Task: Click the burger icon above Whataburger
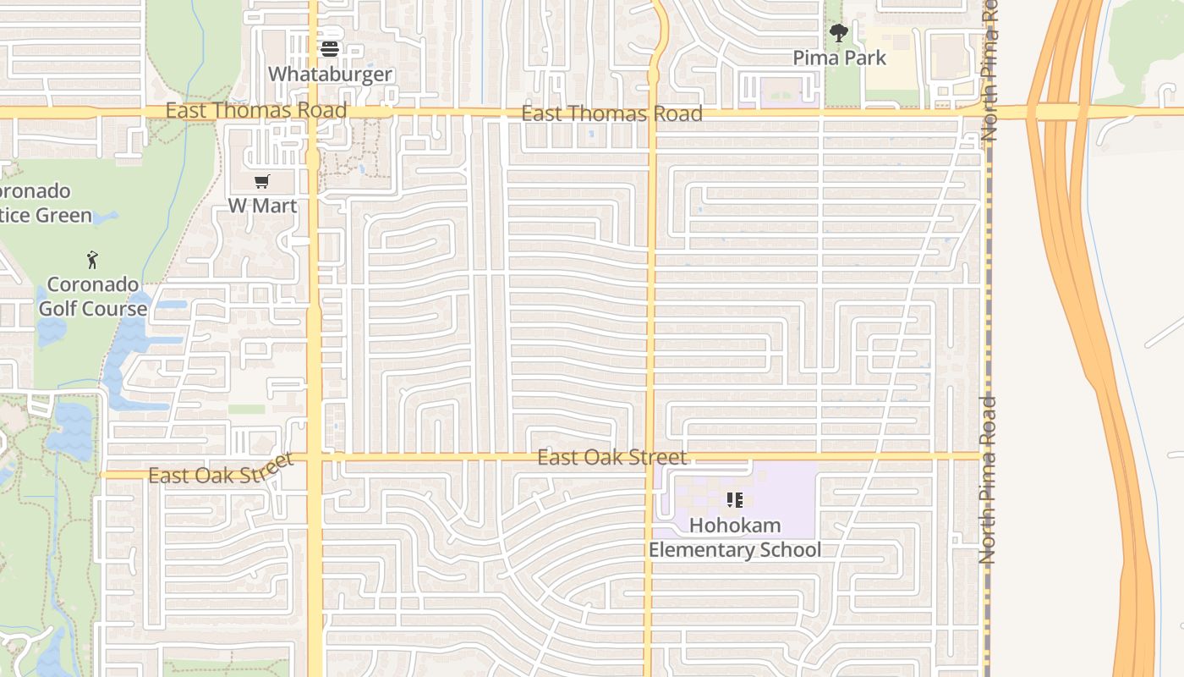[330, 49]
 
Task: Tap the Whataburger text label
[330, 74]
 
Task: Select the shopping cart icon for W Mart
[262, 181]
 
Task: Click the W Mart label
[262, 206]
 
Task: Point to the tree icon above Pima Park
[838, 34]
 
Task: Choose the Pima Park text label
[839, 58]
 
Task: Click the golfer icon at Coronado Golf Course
[93, 260]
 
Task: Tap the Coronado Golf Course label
[92, 296]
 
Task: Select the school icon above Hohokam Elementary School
[734, 500]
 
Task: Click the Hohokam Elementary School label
[734, 537]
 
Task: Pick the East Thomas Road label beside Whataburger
[256, 110]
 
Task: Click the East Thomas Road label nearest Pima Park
[611, 113]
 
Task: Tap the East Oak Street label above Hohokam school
[612, 458]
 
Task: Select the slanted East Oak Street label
[221, 471]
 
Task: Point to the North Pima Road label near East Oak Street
[988, 480]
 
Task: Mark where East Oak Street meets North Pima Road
[985, 457]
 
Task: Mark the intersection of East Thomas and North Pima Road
[987, 112]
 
